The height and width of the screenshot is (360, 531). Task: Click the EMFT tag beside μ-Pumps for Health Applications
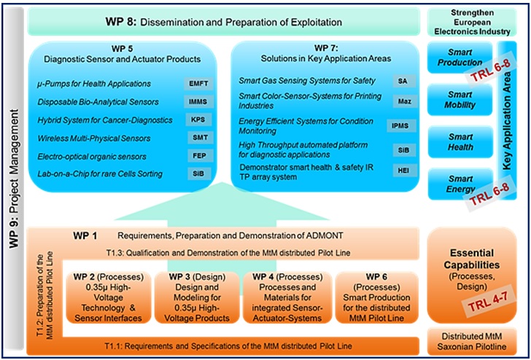point(198,84)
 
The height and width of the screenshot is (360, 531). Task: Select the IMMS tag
point(198,102)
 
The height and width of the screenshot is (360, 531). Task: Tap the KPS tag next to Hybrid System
point(198,120)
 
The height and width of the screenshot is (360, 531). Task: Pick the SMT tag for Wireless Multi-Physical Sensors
point(198,138)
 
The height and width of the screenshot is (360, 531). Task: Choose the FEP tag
point(198,156)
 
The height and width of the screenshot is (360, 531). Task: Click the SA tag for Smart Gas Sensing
point(403,81)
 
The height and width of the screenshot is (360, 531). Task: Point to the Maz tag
point(403,101)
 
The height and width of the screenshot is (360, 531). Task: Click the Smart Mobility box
point(460,100)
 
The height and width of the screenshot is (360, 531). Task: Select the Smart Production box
point(460,58)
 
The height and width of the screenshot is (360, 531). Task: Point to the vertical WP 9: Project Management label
point(14,179)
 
